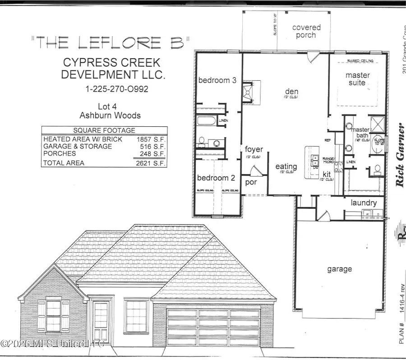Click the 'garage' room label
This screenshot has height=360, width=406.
coord(339,269)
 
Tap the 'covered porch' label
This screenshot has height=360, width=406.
coord(306,31)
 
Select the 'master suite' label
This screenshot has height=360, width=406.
coord(358,78)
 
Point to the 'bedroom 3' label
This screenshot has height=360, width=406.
coord(217,80)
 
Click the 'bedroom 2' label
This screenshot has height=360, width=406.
coord(216,178)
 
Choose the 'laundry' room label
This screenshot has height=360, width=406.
coord(364,203)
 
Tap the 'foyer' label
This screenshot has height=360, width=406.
coord(254,149)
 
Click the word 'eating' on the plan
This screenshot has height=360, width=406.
coord(286,166)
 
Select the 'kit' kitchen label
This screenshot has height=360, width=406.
coord(327,174)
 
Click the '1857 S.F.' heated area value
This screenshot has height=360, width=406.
coord(151,139)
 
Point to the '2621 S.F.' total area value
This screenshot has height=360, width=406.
coord(151,163)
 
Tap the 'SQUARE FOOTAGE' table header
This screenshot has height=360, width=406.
coord(104,130)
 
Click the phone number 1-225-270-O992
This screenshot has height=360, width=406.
coord(117,89)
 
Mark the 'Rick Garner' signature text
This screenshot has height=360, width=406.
coord(400,155)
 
